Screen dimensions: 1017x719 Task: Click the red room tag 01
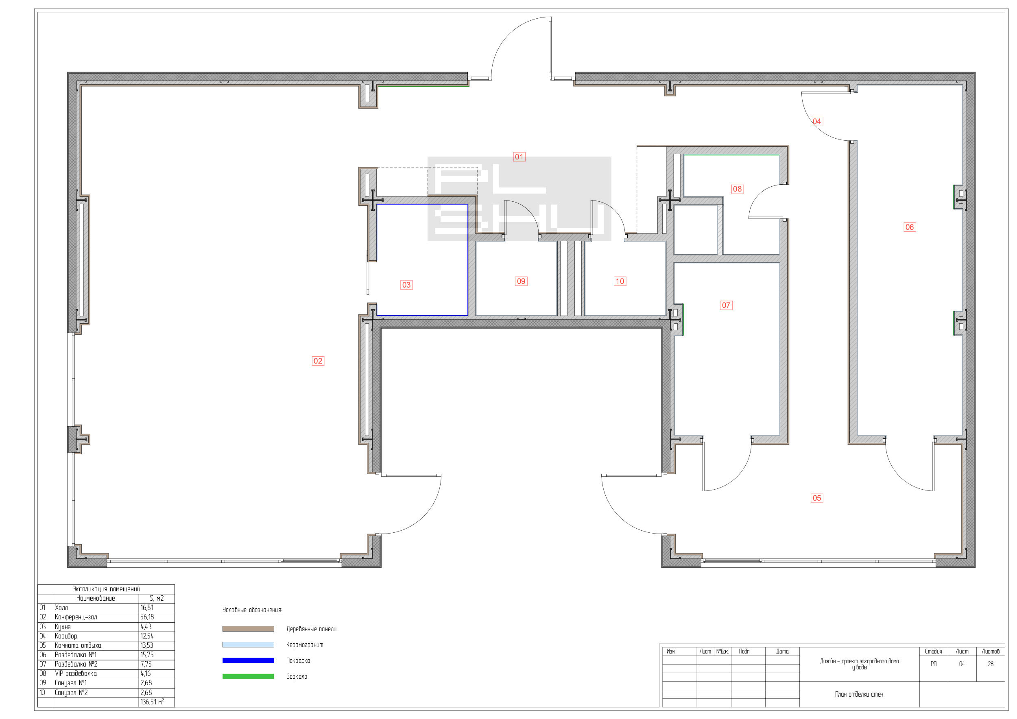519,157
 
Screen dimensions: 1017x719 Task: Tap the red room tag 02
318,361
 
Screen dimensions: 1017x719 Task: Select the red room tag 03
406,285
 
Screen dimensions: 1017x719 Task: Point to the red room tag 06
909,227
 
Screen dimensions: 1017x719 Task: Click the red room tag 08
737,189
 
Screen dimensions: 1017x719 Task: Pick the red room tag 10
620,281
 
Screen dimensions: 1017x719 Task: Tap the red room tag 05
817,498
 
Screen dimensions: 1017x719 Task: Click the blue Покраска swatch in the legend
248,660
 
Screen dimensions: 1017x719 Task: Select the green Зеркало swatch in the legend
248,676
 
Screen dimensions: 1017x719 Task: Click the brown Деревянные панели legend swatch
248,629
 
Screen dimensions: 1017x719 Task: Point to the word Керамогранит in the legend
305,645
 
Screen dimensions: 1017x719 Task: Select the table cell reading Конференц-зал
76,617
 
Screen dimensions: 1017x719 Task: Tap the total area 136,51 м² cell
153,702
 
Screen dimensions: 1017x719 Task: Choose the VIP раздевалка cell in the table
76,674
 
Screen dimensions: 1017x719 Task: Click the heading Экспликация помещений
106,589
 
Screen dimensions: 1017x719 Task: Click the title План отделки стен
859,694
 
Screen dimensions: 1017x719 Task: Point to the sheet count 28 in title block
991,664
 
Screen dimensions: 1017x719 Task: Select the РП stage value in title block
933,664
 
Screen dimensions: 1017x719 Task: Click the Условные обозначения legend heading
252,610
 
